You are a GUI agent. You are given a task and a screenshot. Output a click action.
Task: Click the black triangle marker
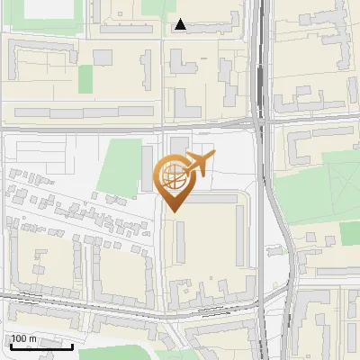pos(181,25)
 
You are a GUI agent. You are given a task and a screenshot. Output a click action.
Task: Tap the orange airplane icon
pos(201,165)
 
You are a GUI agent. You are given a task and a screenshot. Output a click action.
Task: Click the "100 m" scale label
pos(23,338)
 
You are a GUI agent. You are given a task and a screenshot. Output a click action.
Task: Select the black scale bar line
pos(41,346)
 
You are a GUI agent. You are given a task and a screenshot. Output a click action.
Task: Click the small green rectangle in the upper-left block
pos(85,79)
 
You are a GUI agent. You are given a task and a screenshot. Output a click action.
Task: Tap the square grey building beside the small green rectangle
pos(103,58)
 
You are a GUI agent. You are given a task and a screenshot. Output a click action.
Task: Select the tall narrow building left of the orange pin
pos(148,168)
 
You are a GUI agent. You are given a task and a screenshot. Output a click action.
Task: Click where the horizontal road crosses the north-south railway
pos(260,123)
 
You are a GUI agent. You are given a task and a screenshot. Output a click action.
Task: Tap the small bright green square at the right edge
pos(349,233)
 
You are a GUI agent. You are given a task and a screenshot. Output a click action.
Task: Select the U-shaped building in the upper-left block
pos(36,59)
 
